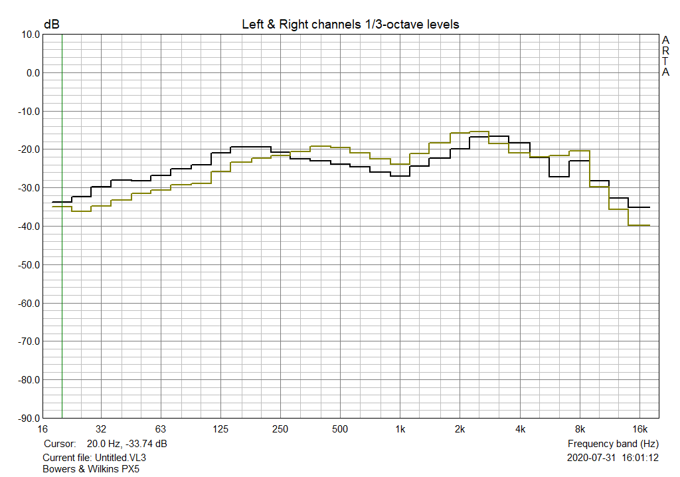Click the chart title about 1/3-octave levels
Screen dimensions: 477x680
tap(350, 25)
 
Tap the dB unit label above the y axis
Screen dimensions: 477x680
tap(51, 25)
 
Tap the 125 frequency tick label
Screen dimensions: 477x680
tap(221, 429)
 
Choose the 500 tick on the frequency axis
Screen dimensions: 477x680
tap(340, 429)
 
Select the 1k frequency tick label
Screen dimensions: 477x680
tap(400, 429)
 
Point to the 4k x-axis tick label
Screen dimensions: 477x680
tap(520, 429)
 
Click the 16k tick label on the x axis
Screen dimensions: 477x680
tap(639, 429)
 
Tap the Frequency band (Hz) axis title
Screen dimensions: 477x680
tap(613, 443)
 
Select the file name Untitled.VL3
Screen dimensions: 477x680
tap(120, 458)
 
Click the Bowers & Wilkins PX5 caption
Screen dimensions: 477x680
tap(91, 468)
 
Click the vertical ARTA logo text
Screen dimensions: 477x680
tap(665, 56)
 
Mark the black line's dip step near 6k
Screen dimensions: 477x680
tap(559, 176)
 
